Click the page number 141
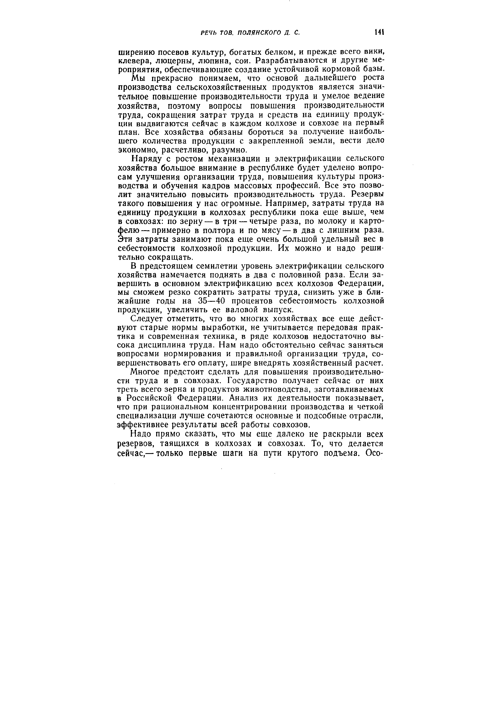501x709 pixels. (379, 32)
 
